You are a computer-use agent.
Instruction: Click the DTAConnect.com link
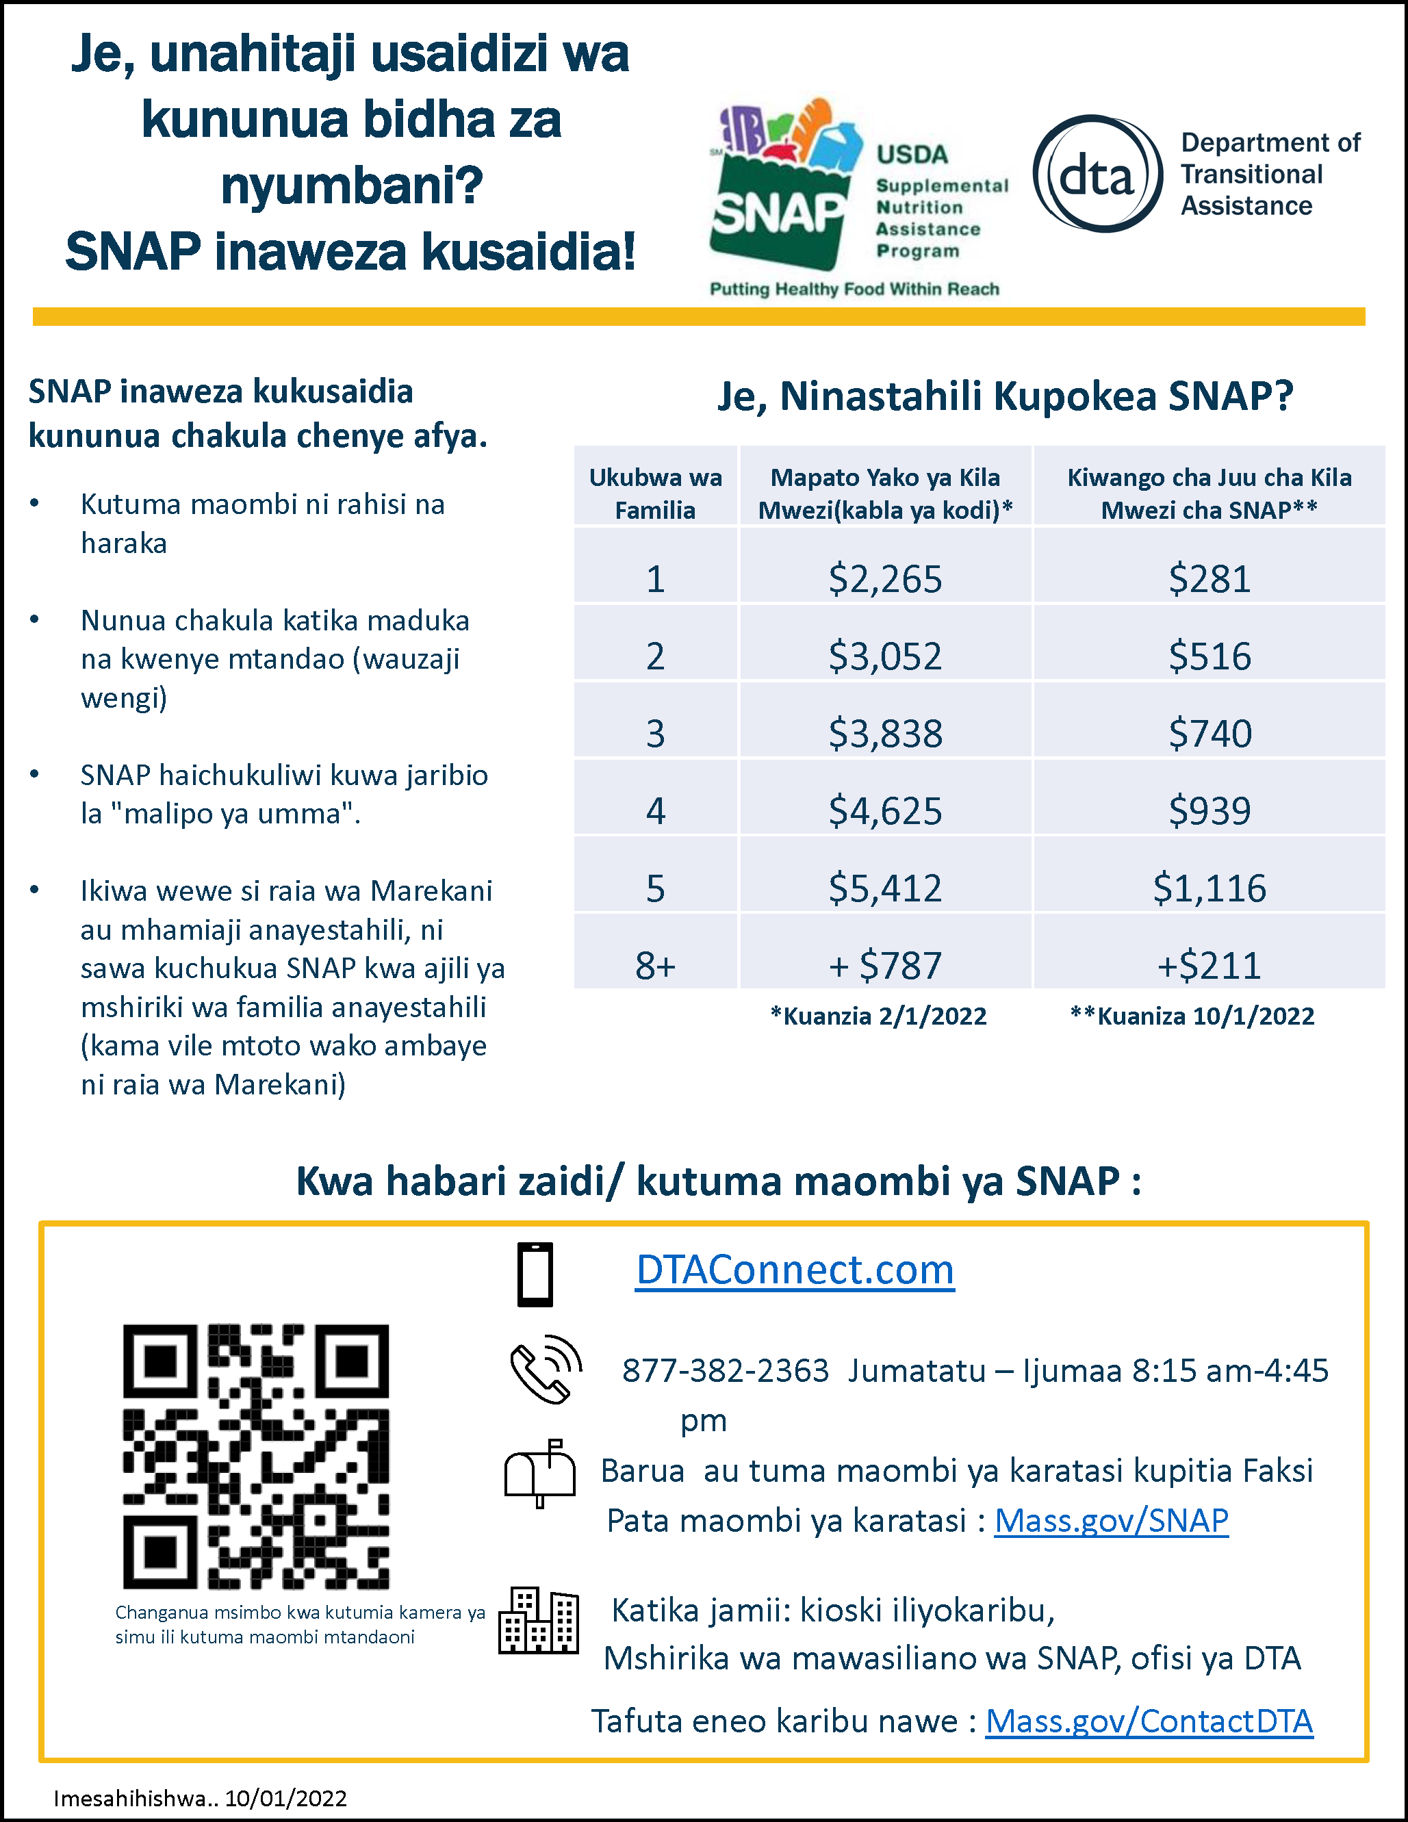(x=794, y=1270)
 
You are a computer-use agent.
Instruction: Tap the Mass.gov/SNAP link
(x=1111, y=1521)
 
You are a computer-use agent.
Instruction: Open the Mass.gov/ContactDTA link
(x=1149, y=1721)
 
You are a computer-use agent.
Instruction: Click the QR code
(x=256, y=1457)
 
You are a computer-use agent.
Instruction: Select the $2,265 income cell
(x=885, y=578)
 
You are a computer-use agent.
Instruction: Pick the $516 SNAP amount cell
(x=1209, y=656)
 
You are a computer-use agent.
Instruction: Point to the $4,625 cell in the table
(x=885, y=810)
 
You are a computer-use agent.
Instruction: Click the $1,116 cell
(x=1209, y=888)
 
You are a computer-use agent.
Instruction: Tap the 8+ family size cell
(x=656, y=965)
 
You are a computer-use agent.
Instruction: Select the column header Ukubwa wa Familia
(x=656, y=493)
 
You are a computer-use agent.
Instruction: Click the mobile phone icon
(x=535, y=1274)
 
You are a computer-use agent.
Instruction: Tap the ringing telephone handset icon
(x=546, y=1369)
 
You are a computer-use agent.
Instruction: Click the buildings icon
(x=539, y=1619)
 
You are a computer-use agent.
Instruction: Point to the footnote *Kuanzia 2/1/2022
(x=878, y=1016)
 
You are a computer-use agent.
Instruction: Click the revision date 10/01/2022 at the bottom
(x=285, y=1798)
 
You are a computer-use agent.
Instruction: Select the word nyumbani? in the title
(x=351, y=185)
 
